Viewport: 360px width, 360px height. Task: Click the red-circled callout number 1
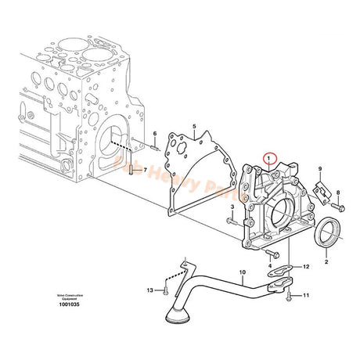pyautogui.click(x=269, y=158)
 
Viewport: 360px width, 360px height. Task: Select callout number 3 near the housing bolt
pyautogui.click(x=232, y=184)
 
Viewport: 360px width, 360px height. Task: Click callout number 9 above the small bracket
pyautogui.click(x=319, y=170)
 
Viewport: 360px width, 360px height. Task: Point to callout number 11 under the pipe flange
pyautogui.click(x=306, y=295)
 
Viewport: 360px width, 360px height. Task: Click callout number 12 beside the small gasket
pyautogui.click(x=306, y=268)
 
